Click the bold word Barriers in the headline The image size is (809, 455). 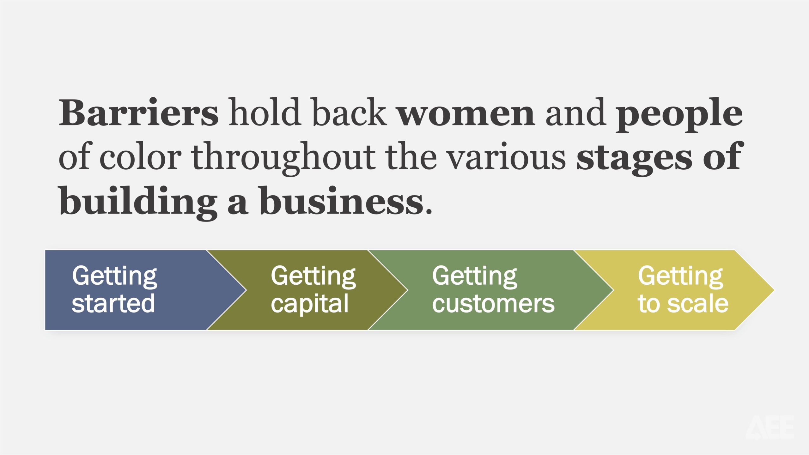(x=138, y=112)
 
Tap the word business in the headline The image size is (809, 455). (x=342, y=200)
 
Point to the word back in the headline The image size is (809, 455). (x=349, y=112)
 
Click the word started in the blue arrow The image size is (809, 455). (x=113, y=303)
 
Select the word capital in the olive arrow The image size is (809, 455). (x=310, y=304)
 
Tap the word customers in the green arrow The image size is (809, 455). (x=493, y=304)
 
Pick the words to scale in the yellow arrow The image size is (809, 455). (x=683, y=303)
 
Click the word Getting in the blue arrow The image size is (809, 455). (x=114, y=277)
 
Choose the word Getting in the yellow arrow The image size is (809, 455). (x=680, y=277)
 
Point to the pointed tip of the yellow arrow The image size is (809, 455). (x=774, y=290)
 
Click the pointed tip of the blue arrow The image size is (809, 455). (x=246, y=290)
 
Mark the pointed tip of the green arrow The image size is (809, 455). (x=613, y=290)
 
